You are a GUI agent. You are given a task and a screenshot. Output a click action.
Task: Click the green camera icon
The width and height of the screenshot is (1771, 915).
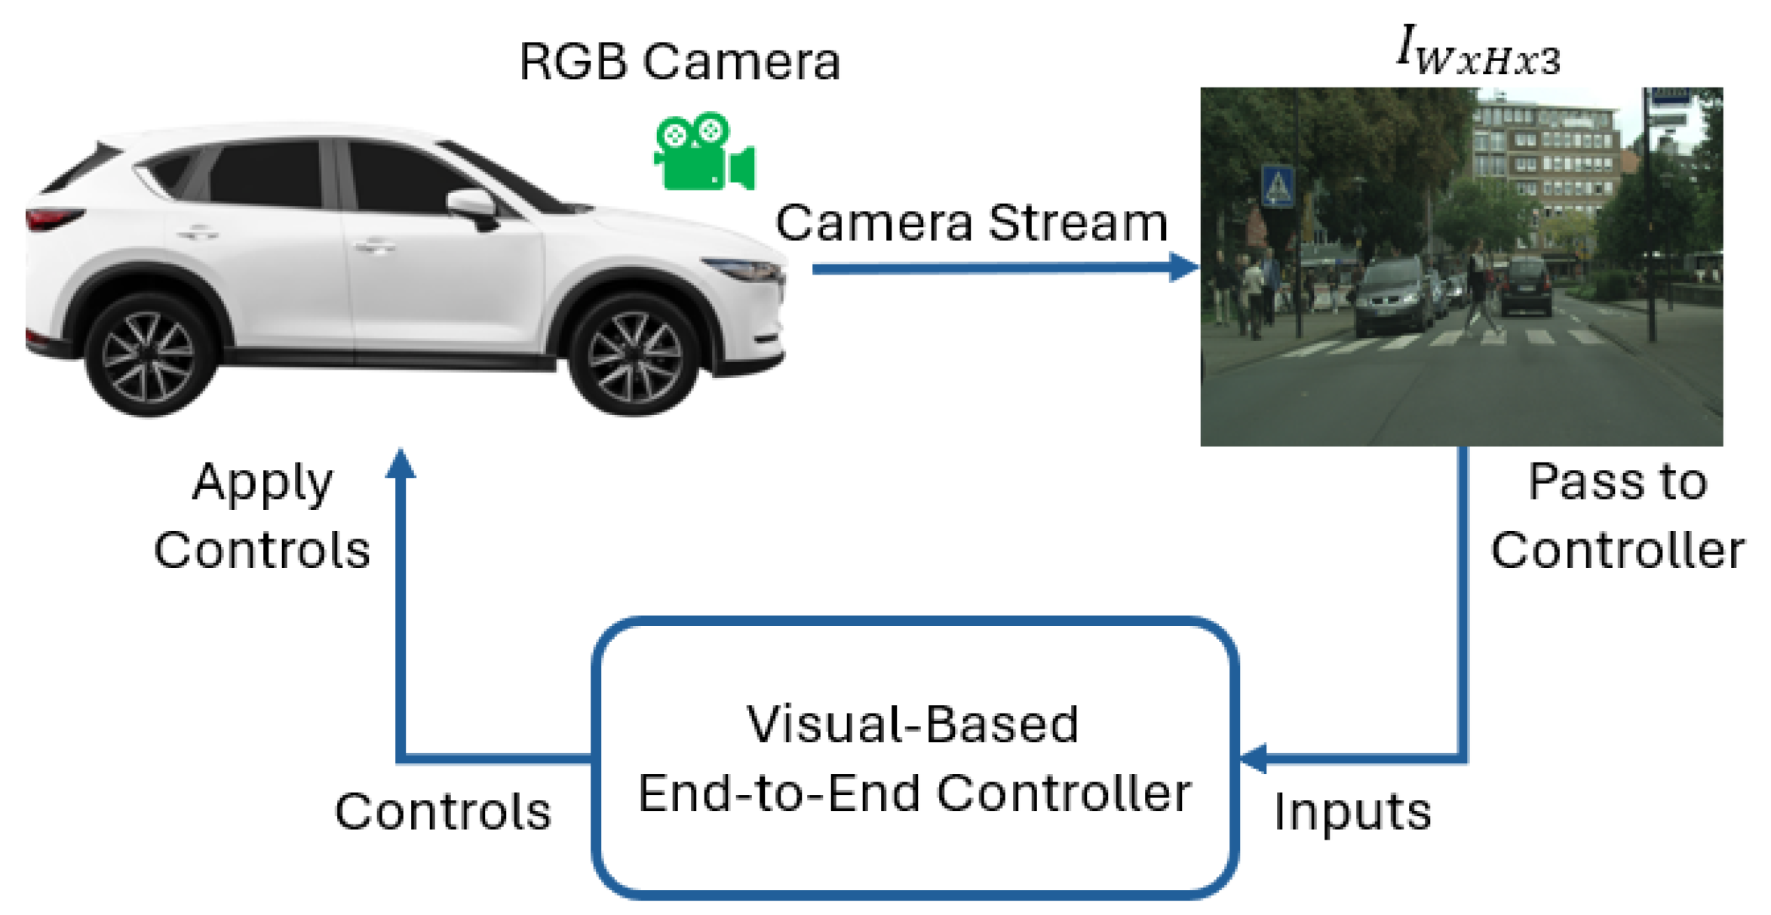[704, 152]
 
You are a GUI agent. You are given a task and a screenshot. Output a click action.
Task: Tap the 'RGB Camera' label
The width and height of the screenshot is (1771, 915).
[679, 62]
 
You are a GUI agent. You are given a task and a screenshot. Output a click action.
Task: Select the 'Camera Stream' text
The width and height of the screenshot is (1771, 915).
[971, 223]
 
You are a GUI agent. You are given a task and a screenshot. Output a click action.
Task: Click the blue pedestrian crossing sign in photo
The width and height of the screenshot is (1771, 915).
[1277, 186]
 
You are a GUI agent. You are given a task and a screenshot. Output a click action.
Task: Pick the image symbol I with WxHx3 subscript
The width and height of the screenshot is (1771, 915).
[1477, 51]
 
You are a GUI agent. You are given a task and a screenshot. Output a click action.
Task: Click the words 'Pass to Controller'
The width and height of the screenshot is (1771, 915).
[1617, 516]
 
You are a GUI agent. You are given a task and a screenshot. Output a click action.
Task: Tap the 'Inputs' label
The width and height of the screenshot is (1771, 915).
[1352, 812]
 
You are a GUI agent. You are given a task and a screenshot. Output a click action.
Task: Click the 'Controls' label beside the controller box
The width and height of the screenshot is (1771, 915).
[444, 812]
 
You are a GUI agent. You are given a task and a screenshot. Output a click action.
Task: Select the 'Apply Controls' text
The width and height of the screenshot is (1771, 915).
[262, 516]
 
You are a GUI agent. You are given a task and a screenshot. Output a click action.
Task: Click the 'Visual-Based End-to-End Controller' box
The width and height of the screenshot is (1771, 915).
[914, 758]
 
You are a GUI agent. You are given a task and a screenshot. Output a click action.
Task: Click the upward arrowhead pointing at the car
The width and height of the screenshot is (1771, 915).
[401, 464]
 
